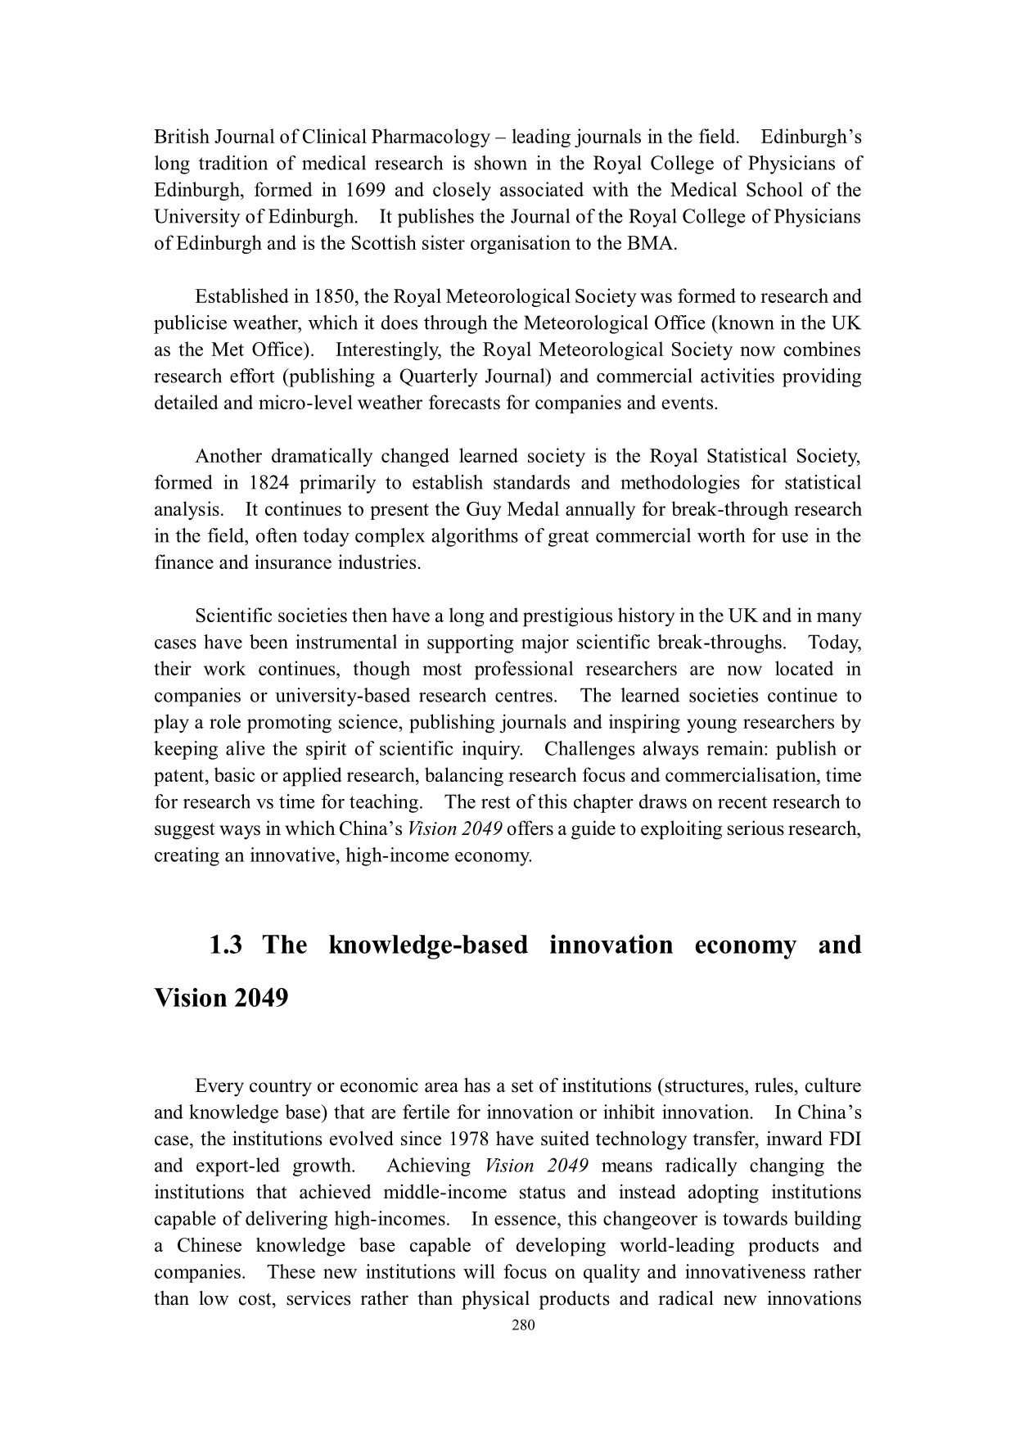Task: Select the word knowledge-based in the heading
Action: tap(428, 945)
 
